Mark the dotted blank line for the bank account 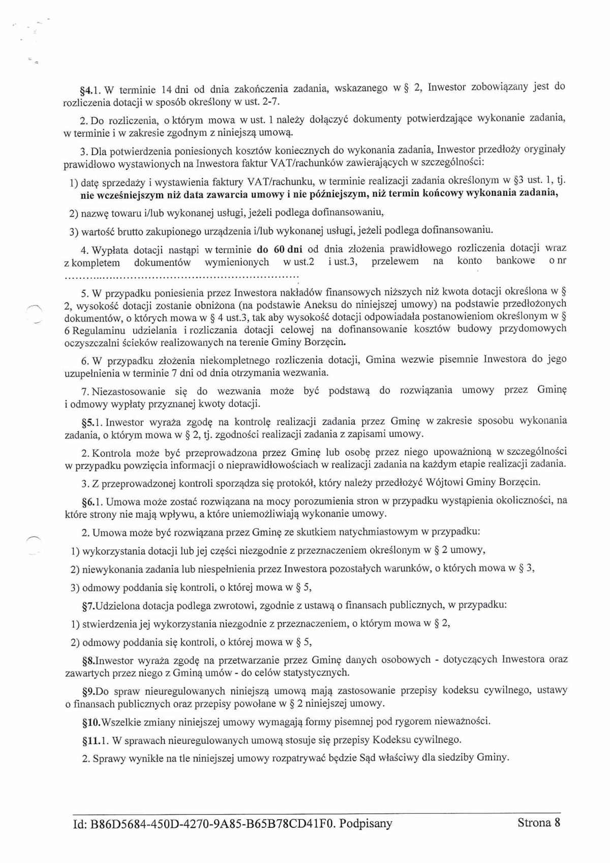coord(181,278)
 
